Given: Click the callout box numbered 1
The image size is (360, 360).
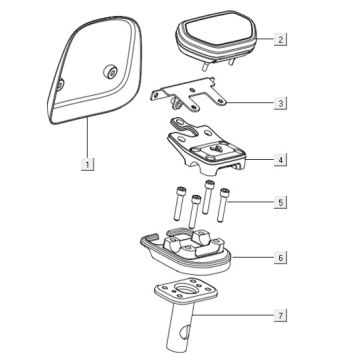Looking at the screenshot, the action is (87, 164).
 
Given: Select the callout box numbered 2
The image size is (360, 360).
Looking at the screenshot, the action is (280, 39).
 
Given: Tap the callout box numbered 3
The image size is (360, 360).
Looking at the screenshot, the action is (280, 103).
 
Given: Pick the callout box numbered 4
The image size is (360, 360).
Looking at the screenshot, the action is (280, 160).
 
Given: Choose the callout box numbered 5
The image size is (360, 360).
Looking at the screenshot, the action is (280, 202).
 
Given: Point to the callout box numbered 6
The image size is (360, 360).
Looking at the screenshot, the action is (280, 258).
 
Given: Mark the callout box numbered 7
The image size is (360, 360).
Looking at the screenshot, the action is (280, 315).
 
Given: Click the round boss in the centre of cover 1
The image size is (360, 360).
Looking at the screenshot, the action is (110, 72).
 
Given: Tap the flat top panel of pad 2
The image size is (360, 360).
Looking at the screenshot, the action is (217, 30).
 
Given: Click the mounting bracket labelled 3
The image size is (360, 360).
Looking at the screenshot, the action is (188, 94).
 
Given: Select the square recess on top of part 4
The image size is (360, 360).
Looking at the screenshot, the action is (215, 149).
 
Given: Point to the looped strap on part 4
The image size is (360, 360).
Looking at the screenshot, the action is (183, 128).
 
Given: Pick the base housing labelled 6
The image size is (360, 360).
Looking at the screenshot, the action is (185, 252).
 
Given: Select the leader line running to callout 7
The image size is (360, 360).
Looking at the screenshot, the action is (233, 315).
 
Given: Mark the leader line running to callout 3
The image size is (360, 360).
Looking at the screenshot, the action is (250, 103).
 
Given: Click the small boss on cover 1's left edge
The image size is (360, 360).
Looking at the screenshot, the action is (60, 85).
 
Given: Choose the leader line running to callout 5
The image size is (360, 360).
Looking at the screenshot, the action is (251, 202).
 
